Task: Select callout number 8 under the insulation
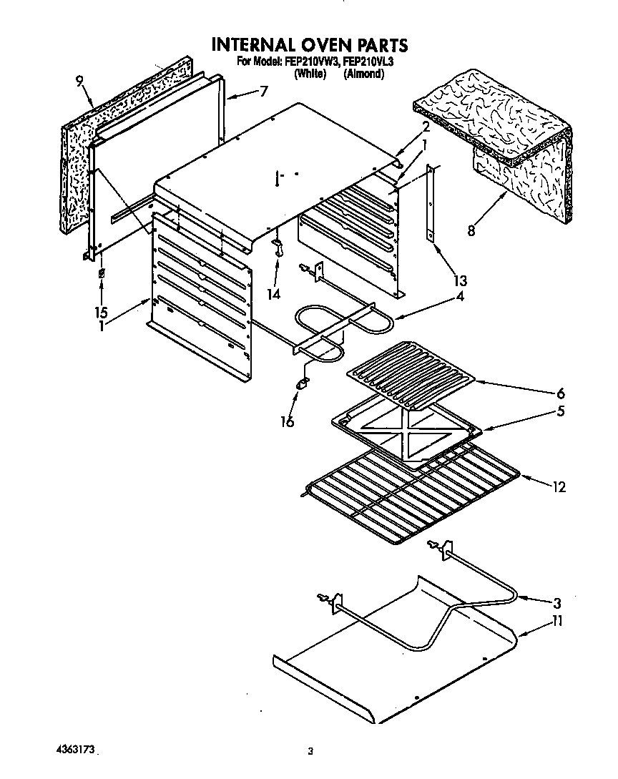click(x=470, y=231)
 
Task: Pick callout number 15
click(x=102, y=312)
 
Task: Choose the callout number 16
click(x=287, y=422)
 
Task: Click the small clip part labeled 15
click(x=102, y=275)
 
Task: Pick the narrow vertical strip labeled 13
click(x=431, y=204)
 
